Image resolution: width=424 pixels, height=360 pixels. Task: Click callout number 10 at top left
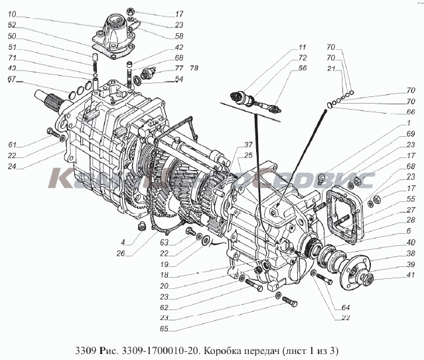pos(14,14)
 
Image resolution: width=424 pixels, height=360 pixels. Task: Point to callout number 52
pos(14,25)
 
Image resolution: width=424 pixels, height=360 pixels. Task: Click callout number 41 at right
pos(411,276)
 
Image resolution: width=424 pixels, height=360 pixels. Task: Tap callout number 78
pos(194,68)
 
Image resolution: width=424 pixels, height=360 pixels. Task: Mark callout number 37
pos(230,145)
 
